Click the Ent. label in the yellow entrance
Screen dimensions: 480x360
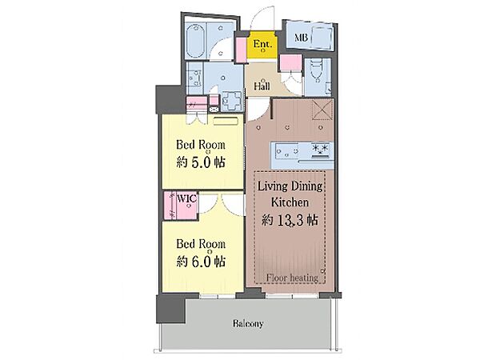[x=262, y=44]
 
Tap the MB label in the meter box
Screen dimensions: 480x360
[x=301, y=38]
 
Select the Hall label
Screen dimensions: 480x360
[x=262, y=86]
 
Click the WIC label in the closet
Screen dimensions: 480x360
[x=186, y=198]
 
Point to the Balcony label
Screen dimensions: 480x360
[x=248, y=323]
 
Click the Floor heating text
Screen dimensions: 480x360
[x=292, y=278]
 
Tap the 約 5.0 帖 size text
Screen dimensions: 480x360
[x=201, y=162]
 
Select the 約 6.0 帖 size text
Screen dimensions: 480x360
[x=201, y=262]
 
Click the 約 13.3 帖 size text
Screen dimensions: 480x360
[x=290, y=220]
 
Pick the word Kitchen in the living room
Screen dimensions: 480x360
[x=290, y=202]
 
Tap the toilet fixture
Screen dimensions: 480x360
[x=315, y=71]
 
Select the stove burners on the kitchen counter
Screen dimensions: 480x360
[x=320, y=150]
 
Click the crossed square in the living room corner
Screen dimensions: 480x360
[x=322, y=110]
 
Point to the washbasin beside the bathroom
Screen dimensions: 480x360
[x=195, y=78]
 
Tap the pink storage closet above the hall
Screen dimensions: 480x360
[x=291, y=63]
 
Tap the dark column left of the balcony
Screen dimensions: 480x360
[x=170, y=309]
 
